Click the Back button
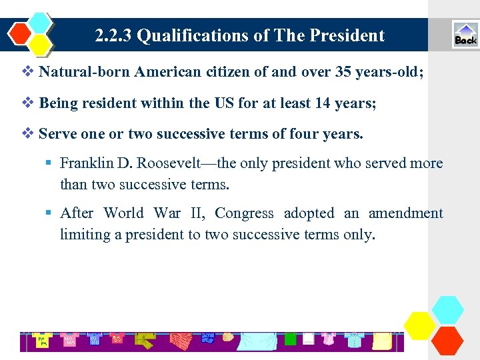pos(465,35)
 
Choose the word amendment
pos(405,213)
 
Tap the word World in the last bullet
pos(123,213)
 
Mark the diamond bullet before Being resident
pos(27,103)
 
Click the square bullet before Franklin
pos(49,163)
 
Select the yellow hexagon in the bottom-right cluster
pos(420,325)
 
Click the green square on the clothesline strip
pos(290,339)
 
